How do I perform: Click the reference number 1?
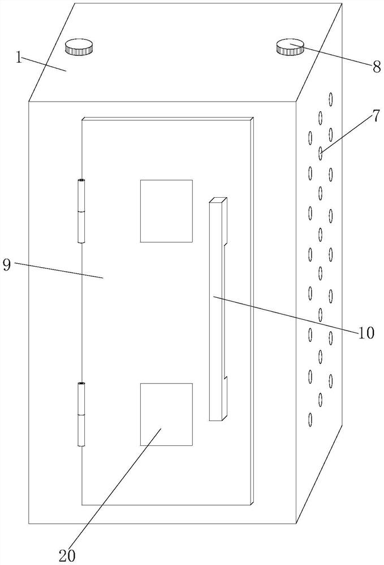[x=20, y=58]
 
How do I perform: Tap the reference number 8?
[x=376, y=67]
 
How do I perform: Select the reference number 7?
[x=376, y=117]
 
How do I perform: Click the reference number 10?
[x=366, y=333]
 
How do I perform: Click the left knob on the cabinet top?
[x=79, y=46]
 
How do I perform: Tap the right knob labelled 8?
[x=290, y=47]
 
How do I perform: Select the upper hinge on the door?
[x=82, y=211]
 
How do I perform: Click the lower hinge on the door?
[x=82, y=414]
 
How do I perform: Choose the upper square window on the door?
[x=166, y=211]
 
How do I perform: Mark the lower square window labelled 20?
[x=166, y=414]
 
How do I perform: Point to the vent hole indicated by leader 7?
[x=321, y=154]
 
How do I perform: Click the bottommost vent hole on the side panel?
[x=310, y=420]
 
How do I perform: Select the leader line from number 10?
[x=288, y=315]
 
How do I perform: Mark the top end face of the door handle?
[x=218, y=200]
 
